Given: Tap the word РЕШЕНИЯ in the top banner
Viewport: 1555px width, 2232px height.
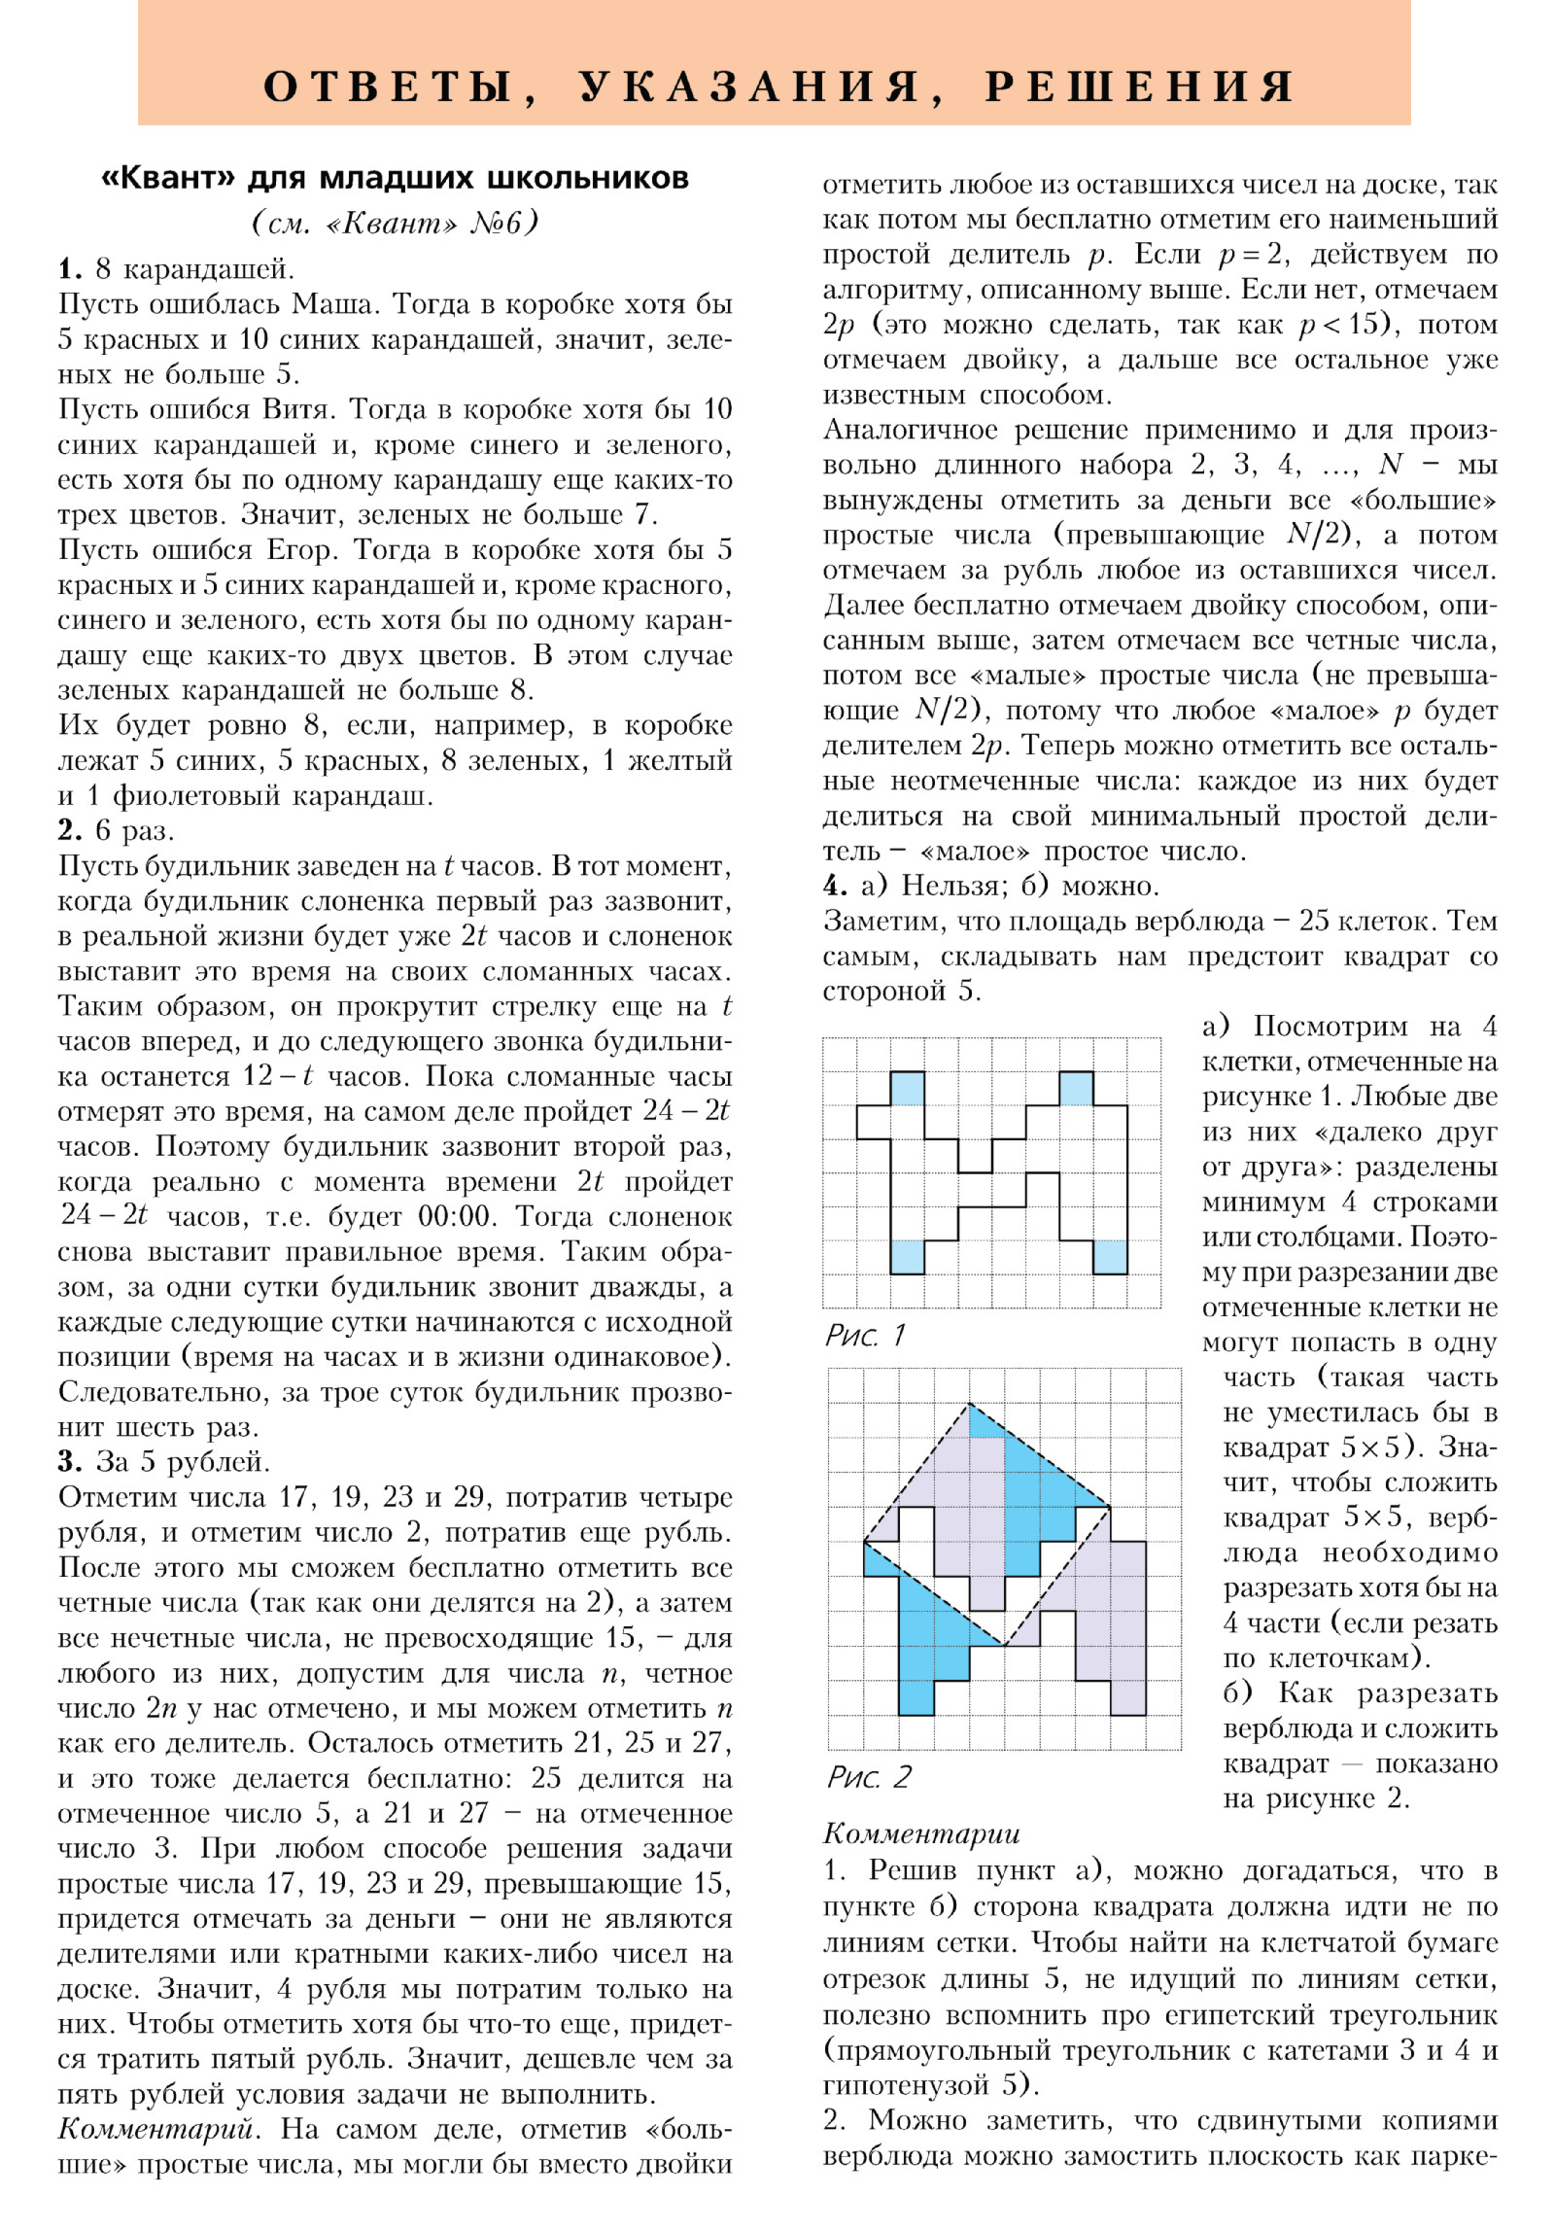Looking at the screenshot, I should [1139, 87].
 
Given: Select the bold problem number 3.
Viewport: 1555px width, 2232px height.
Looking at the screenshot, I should [69, 1462].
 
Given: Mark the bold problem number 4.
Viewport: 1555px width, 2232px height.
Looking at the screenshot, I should [835, 886].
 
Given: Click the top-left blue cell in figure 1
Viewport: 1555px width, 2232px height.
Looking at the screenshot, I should [907, 1088].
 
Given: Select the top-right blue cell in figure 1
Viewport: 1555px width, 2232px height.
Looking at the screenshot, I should [1076, 1088].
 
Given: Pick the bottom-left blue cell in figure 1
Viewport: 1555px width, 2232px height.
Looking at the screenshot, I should [907, 1257].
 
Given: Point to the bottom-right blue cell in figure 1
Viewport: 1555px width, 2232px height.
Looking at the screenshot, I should [1110, 1257].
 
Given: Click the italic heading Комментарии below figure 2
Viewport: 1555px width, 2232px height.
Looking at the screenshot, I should [921, 1834].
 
